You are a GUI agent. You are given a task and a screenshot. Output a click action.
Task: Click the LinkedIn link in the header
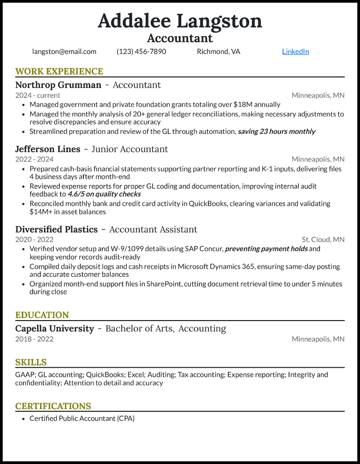click(295, 51)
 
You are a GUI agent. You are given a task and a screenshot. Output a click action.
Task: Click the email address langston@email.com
click(64, 51)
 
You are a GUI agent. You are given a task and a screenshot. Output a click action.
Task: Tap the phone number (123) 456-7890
click(141, 51)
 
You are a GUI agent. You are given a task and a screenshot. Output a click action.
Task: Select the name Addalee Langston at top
click(180, 21)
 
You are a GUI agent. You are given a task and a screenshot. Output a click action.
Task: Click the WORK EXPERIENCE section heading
click(59, 71)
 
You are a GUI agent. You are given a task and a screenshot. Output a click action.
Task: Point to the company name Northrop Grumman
click(58, 85)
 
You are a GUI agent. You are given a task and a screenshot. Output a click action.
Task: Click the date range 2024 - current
click(38, 95)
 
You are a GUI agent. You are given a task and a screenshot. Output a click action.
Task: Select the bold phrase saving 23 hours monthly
click(276, 131)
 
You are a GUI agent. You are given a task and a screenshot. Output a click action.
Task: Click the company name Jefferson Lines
click(48, 149)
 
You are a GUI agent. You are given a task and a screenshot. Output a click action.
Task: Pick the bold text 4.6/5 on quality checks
click(104, 194)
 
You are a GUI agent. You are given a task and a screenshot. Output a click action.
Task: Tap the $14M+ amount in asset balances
click(41, 212)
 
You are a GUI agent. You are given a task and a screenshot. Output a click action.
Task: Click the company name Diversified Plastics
click(56, 229)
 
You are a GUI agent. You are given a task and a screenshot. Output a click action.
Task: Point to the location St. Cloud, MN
click(323, 240)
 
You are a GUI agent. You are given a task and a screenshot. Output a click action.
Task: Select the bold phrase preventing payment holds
click(266, 249)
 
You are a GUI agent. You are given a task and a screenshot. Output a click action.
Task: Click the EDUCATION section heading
click(42, 315)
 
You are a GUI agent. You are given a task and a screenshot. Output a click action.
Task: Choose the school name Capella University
click(54, 329)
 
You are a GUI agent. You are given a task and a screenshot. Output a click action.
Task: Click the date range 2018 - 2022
click(34, 339)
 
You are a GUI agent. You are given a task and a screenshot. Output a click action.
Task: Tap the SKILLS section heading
click(31, 362)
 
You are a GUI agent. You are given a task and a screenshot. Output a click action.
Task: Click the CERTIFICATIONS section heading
click(53, 406)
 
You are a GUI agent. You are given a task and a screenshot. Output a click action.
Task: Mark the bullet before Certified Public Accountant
click(23, 419)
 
